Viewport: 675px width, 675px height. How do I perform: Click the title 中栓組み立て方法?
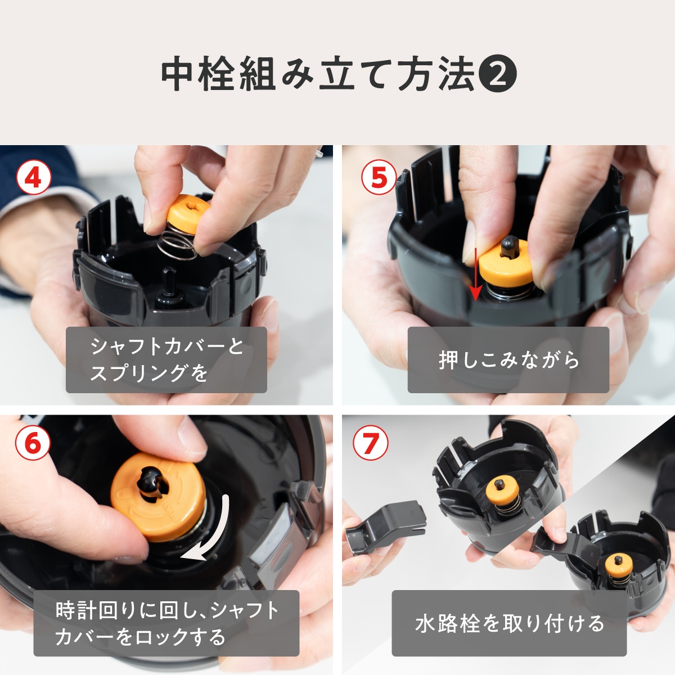tap(318, 75)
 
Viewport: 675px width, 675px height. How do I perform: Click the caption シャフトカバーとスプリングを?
tap(166, 359)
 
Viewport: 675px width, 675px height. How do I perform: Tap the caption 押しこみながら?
tap(508, 360)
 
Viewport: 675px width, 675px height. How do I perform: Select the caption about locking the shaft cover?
tap(166, 623)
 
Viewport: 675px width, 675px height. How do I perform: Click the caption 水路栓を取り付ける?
tap(509, 623)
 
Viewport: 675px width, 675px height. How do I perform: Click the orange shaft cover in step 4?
tap(188, 214)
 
